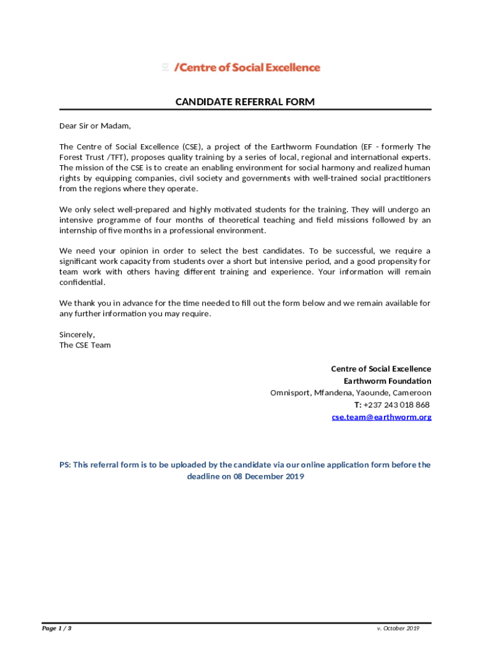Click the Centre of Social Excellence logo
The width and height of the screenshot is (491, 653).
tap(240, 68)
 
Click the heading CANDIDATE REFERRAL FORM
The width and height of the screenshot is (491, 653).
tap(245, 102)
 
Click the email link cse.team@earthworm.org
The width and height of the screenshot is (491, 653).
tap(381, 417)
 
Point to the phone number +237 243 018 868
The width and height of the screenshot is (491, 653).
tap(396, 405)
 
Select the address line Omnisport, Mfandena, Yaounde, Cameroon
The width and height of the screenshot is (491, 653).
tap(350, 393)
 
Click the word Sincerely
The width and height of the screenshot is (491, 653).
tap(77, 334)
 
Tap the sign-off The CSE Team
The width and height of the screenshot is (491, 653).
tap(85, 345)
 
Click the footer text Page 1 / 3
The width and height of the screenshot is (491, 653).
tap(57, 629)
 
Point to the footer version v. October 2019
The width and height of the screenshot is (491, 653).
tap(398, 629)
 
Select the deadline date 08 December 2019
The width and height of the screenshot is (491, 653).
tap(268, 477)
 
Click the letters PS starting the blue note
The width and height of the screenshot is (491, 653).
tap(64, 465)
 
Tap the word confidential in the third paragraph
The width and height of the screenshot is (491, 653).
tap(82, 282)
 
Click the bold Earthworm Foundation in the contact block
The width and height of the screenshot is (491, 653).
tap(387, 381)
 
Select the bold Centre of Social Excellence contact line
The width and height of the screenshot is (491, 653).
tap(381, 369)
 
